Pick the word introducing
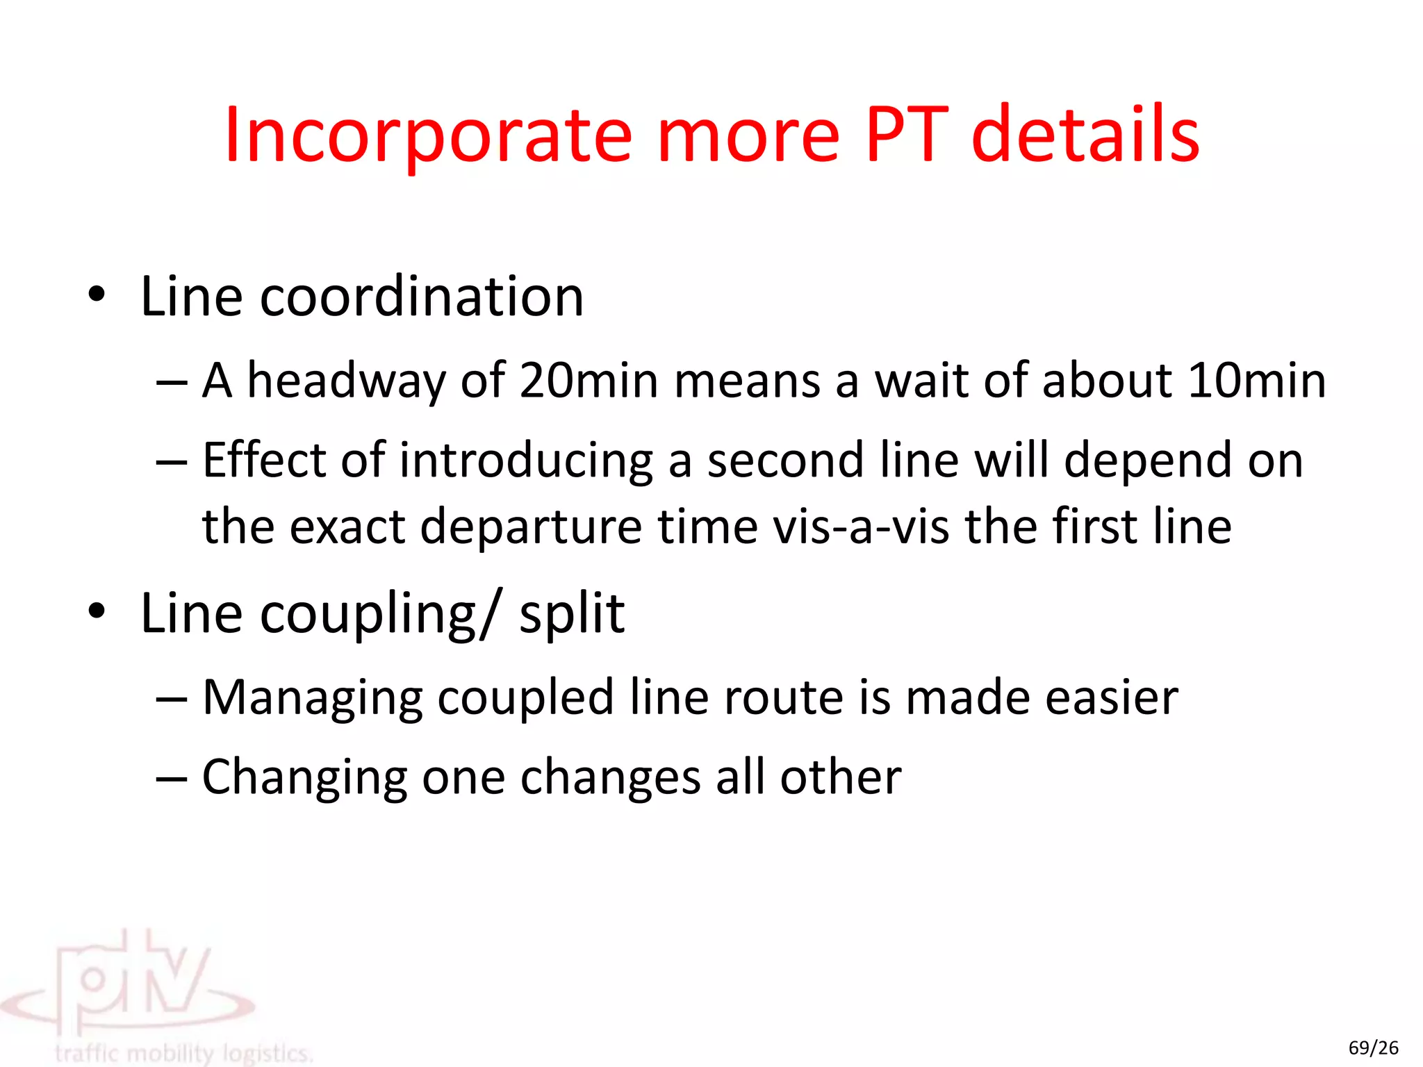pos(526,462)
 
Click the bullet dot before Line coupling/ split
pos(97,611)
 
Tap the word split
pos(572,614)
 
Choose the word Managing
pos(312,699)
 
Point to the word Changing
pos(304,778)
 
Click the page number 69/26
pos(1373,1048)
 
